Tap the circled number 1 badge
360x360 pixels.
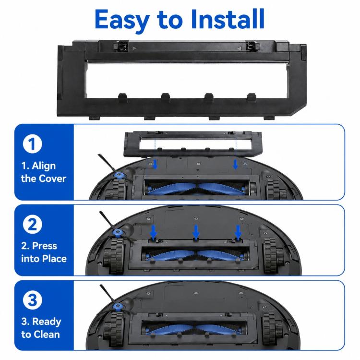click(32, 144)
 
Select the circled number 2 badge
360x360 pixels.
click(32, 224)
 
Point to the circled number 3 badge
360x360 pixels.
click(32, 300)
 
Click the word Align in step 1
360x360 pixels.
click(44, 166)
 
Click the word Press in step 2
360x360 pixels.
click(44, 246)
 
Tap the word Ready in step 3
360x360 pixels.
click(47, 322)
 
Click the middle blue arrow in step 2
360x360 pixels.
click(196, 232)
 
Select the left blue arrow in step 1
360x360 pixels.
click(156, 164)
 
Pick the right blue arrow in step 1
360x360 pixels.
click(235, 164)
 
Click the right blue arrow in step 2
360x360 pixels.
click(238, 232)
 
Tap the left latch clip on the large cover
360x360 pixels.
click(121, 46)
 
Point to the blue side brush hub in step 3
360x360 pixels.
click(118, 307)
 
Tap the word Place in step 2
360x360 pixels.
click(54, 259)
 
